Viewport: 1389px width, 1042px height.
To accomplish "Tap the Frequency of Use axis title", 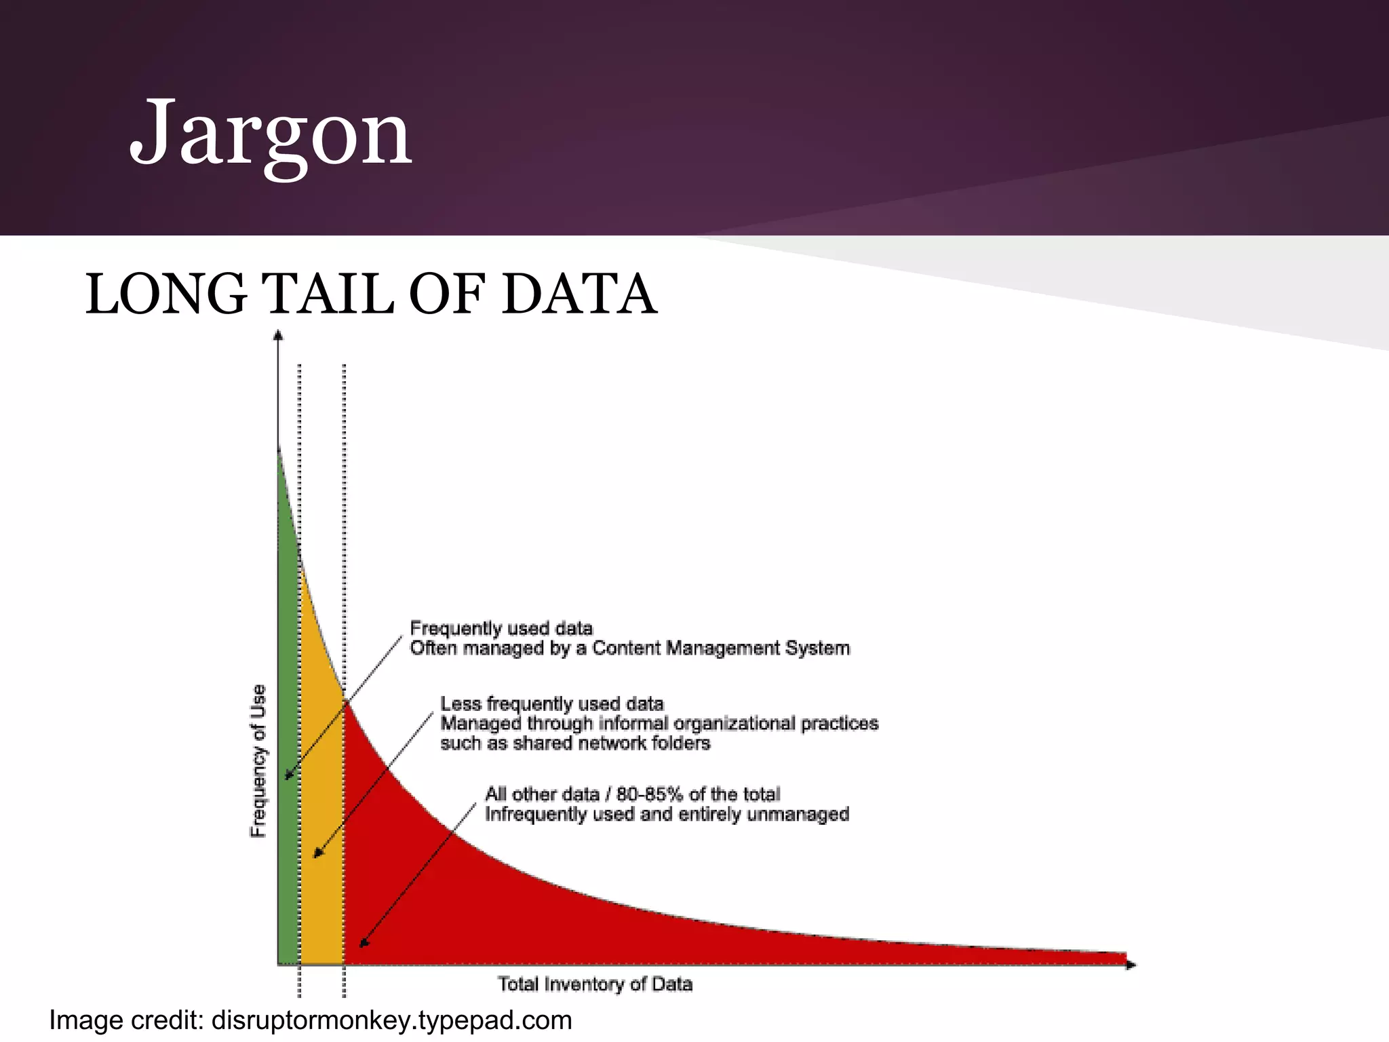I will click(x=258, y=760).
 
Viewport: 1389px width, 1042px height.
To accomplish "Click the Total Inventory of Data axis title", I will click(x=595, y=984).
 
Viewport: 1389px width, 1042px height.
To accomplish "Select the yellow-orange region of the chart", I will click(x=323, y=780).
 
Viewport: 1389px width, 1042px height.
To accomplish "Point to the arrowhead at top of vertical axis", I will click(x=277, y=334).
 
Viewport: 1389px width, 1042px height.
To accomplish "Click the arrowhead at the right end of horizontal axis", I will click(x=1130, y=965).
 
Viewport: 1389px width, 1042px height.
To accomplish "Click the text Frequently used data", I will click(x=501, y=628).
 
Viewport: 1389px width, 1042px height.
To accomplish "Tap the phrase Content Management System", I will click(x=720, y=649).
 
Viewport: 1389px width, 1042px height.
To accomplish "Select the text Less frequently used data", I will click(x=551, y=703).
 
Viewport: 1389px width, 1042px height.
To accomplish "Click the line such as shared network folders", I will click(x=575, y=744).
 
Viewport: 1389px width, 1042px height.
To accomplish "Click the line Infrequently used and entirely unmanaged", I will click(x=666, y=814).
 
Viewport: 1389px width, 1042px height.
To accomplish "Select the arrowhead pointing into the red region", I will click(x=364, y=943).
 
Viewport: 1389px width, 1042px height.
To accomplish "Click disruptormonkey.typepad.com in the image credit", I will click(x=391, y=1020).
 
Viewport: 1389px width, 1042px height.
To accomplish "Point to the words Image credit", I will click(x=126, y=1020).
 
